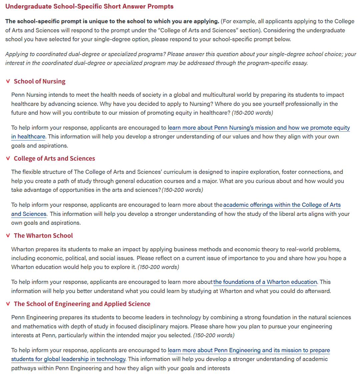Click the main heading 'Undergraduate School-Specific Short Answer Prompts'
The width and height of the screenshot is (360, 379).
click(89, 6)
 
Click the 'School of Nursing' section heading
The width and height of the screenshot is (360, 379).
click(39, 81)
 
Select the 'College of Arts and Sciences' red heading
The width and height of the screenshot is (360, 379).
click(54, 158)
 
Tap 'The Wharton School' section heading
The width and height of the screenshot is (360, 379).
click(43, 236)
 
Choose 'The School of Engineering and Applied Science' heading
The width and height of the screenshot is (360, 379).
click(82, 304)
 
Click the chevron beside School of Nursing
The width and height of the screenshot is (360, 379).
click(8, 81)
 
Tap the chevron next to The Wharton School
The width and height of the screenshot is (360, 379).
click(8, 236)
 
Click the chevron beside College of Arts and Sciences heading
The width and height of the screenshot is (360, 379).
click(8, 158)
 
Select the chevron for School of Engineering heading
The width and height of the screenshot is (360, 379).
click(8, 304)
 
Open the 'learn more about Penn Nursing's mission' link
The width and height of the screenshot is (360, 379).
click(259, 128)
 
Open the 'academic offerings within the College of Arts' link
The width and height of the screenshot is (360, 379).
click(282, 205)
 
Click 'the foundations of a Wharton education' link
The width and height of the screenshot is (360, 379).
click(265, 282)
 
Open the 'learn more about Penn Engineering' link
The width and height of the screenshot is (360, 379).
click(249, 350)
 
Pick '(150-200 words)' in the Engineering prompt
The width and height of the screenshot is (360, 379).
click(214, 335)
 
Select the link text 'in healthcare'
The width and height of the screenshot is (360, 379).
click(28, 137)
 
